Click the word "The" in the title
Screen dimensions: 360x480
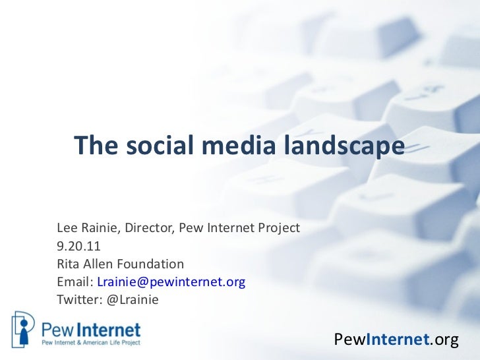(93, 146)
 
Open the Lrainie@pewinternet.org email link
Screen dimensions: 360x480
(171, 282)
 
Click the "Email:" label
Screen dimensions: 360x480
(75, 282)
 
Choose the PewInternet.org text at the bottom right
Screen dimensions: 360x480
(396, 340)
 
